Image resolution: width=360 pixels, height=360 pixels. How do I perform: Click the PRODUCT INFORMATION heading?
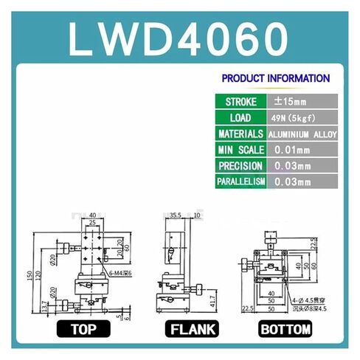point(275,77)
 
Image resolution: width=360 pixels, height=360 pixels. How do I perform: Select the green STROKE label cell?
point(240,101)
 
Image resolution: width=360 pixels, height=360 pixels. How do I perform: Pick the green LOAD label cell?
point(240,117)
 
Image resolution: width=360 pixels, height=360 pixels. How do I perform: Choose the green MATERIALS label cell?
point(240,134)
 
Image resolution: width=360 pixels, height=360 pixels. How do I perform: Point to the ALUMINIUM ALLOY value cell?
point(303,134)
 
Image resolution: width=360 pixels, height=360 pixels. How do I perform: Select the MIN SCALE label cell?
point(240,150)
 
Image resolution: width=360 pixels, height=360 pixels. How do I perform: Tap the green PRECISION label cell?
point(240,166)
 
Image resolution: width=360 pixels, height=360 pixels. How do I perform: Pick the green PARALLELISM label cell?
point(240,181)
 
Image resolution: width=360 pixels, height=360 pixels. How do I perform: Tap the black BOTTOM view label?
point(284,329)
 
